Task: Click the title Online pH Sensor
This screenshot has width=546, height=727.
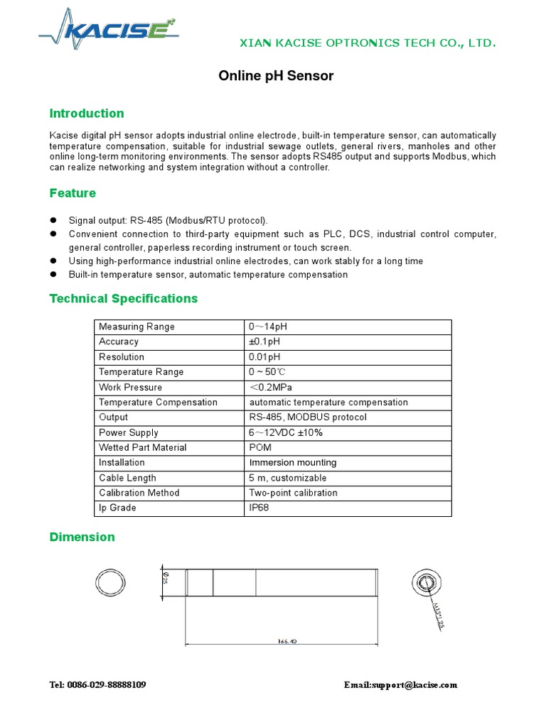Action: pos(275,76)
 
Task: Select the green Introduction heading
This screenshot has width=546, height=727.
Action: pos(87,114)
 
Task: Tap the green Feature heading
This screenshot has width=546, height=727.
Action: pos(73,193)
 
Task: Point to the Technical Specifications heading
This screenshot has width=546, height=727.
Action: pos(124,298)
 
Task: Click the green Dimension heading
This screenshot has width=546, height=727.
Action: pos(82,537)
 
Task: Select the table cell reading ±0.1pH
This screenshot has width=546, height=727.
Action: pos(264,341)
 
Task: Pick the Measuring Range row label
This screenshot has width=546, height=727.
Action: pos(136,327)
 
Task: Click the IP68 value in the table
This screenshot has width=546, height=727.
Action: pos(259,508)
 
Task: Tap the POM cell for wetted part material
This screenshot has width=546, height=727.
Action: pos(259,447)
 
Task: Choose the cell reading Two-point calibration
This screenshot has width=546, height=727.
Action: pos(293,493)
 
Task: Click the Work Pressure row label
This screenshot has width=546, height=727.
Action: pos(130,387)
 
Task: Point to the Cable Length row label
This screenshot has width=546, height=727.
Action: pos(127,478)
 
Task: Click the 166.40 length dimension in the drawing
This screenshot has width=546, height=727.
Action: pos(287,641)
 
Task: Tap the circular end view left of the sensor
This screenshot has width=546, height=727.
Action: pos(112,584)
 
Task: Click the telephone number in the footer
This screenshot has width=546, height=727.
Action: pos(98,685)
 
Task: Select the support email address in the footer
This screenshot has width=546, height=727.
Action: pos(400,685)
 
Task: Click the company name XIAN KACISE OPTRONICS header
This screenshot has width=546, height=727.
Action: pos(365,43)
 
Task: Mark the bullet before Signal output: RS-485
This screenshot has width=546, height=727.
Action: pos(53,221)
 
